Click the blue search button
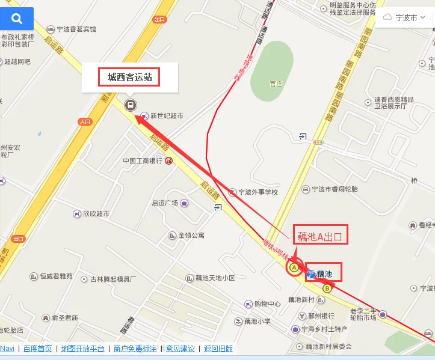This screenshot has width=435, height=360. pyautogui.click(x=16, y=19)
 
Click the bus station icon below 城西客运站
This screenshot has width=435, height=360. pyautogui.click(x=129, y=106)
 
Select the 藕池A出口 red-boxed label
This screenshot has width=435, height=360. pyautogui.click(x=321, y=236)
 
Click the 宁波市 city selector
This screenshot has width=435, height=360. pyautogui.click(x=407, y=17)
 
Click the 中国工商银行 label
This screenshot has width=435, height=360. pyautogui.click(x=143, y=161)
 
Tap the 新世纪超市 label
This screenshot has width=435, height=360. pyautogui.click(x=167, y=115)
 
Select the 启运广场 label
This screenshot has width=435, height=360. pyautogui.click(x=164, y=203)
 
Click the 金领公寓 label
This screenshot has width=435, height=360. pyautogui.click(x=191, y=236)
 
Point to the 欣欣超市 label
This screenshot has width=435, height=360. pyautogui.click(x=96, y=214)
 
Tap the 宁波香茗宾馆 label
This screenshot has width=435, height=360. pyautogui.click(x=76, y=29)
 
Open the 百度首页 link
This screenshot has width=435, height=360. pyautogui.click(x=38, y=349)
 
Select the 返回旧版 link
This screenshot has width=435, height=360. pyautogui.click(x=218, y=349)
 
